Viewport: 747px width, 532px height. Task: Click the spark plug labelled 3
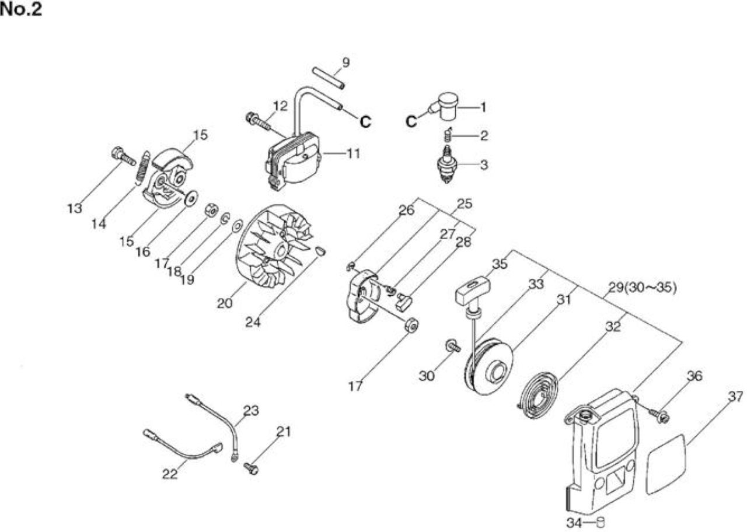tap(447, 164)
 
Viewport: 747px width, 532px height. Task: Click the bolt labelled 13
tap(123, 156)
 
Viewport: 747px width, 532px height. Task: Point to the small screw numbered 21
tap(251, 468)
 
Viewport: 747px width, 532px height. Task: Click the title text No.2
tap(21, 9)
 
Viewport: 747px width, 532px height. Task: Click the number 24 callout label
tap(253, 322)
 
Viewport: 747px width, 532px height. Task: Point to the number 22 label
tap(170, 474)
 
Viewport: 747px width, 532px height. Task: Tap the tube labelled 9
tap(329, 78)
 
